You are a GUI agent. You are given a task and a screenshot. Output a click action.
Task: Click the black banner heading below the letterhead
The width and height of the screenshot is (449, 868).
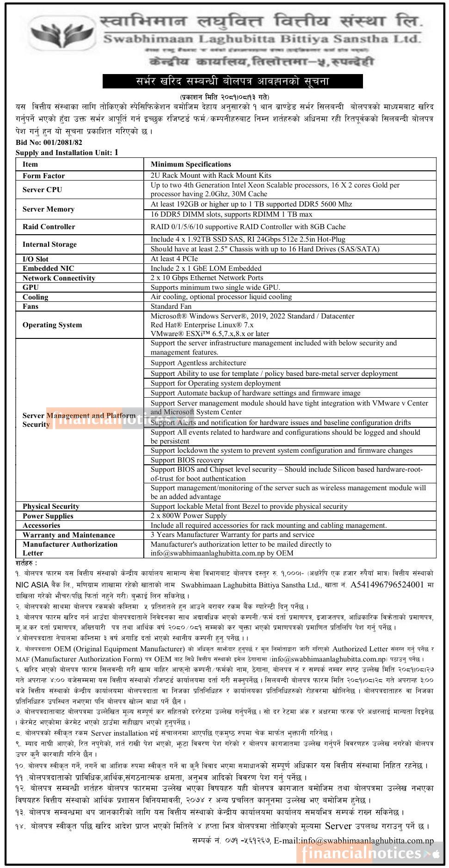[232, 81]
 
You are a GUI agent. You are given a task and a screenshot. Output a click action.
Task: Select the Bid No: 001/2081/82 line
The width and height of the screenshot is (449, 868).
[49, 143]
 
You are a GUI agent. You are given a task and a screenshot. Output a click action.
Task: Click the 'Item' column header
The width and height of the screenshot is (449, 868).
[30, 164]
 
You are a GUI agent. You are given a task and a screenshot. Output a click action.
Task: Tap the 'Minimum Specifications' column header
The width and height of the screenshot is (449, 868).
[191, 164]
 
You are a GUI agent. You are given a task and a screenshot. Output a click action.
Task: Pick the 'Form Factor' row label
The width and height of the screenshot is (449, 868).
[43, 176]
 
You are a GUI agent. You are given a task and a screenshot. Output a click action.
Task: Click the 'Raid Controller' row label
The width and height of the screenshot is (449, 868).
[49, 227]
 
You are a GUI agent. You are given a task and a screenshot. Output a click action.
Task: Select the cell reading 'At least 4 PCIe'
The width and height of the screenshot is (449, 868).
[174, 259]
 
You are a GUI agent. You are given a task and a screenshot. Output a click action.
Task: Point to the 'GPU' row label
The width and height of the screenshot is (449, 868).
[31, 287]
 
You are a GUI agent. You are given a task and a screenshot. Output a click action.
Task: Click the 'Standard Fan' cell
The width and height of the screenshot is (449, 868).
[171, 306]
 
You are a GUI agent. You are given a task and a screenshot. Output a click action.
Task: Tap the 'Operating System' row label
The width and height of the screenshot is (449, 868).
[52, 325]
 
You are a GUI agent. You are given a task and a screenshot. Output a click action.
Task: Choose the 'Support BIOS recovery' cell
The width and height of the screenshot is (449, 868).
[187, 460]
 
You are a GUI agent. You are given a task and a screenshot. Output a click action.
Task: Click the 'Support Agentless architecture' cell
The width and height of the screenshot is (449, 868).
[198, 363]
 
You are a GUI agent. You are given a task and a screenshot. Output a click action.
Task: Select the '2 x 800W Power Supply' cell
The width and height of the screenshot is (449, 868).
[188, 516]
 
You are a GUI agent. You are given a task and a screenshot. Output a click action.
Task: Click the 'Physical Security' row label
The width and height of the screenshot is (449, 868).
[51, 506]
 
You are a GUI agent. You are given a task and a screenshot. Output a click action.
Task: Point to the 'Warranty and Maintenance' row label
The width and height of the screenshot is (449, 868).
[68, 535]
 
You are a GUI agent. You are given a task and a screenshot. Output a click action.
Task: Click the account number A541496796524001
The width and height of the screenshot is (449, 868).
[387, 585]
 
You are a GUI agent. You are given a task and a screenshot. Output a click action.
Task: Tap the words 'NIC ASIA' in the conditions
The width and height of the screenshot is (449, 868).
[32, 585]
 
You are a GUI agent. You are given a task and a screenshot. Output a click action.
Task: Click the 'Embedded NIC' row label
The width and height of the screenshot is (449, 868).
[48, 269]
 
